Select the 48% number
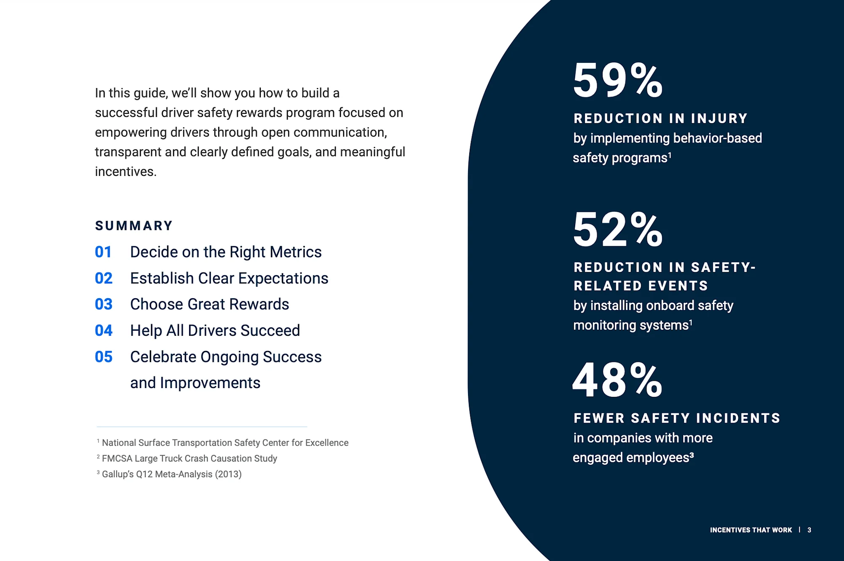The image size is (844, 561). (617, 380)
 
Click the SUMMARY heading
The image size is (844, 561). (134, 226)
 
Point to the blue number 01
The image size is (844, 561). (103, 252)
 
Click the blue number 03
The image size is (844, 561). (104, 304)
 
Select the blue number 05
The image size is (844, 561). (104, 357)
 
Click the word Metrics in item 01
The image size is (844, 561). (295, 252)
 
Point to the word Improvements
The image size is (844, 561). (210, 383)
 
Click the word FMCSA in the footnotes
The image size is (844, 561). (117, 459)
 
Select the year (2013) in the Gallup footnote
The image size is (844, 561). (228, 474)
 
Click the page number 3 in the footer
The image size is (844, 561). (809, 530)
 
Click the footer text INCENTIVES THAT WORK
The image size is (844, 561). (751, 530)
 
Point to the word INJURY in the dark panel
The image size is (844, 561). (719, 119)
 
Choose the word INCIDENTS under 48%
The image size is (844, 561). (738, 418)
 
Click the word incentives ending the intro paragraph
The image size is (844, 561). (125, 172)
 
